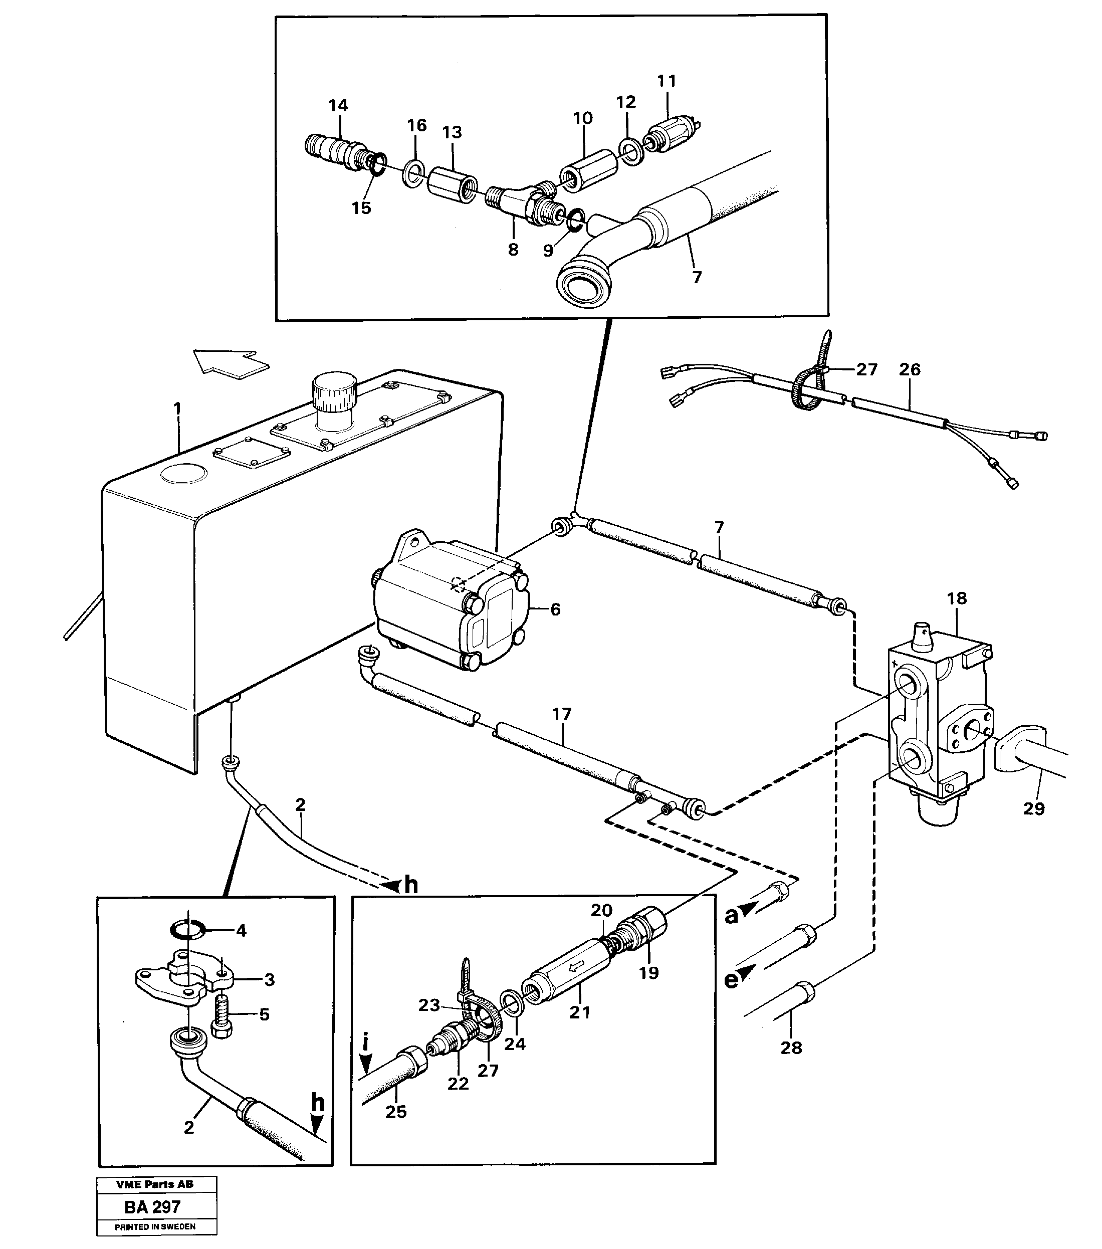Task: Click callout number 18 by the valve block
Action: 957,598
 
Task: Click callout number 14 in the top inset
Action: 338,106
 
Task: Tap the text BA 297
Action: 152,1207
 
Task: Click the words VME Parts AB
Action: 154,1184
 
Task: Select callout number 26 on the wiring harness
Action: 910,370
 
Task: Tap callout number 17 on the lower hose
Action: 561,714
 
